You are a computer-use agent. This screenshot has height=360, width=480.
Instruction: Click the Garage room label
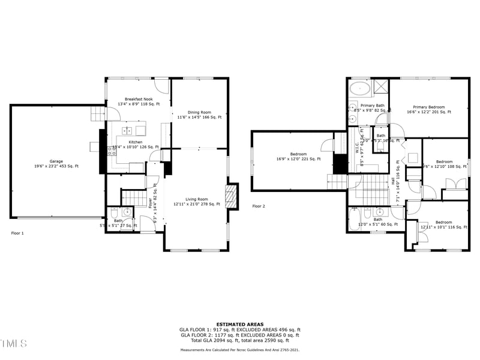coord(56,161)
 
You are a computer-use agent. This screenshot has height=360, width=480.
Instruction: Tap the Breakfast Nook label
coord(139,99)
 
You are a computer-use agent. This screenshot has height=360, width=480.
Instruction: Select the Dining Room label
coord(199,112)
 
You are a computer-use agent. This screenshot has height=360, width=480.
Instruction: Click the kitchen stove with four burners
coord(111,151)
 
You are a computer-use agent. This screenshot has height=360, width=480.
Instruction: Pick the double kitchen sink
coord(127,130)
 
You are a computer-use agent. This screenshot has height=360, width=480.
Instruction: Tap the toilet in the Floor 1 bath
coord(114,213)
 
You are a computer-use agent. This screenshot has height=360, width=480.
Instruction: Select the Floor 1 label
coord(18,233)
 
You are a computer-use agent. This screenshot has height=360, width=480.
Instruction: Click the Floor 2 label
coord(259,206)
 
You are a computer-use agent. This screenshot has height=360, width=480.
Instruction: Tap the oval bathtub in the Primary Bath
coord(359,88)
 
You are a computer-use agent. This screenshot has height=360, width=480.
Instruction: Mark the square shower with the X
coord(381,87)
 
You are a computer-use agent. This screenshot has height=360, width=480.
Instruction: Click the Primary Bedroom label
coord(429,107)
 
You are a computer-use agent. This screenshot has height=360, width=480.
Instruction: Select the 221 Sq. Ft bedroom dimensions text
coord(298,159)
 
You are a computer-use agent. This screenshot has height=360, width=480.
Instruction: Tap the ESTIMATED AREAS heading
coord(240,325)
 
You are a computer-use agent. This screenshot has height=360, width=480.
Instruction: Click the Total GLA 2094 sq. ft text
coord(240,340)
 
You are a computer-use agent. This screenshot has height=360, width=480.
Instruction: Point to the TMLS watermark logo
coord(13,343)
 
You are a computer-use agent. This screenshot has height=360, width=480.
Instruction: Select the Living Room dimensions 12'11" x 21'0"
coord(196,204)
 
